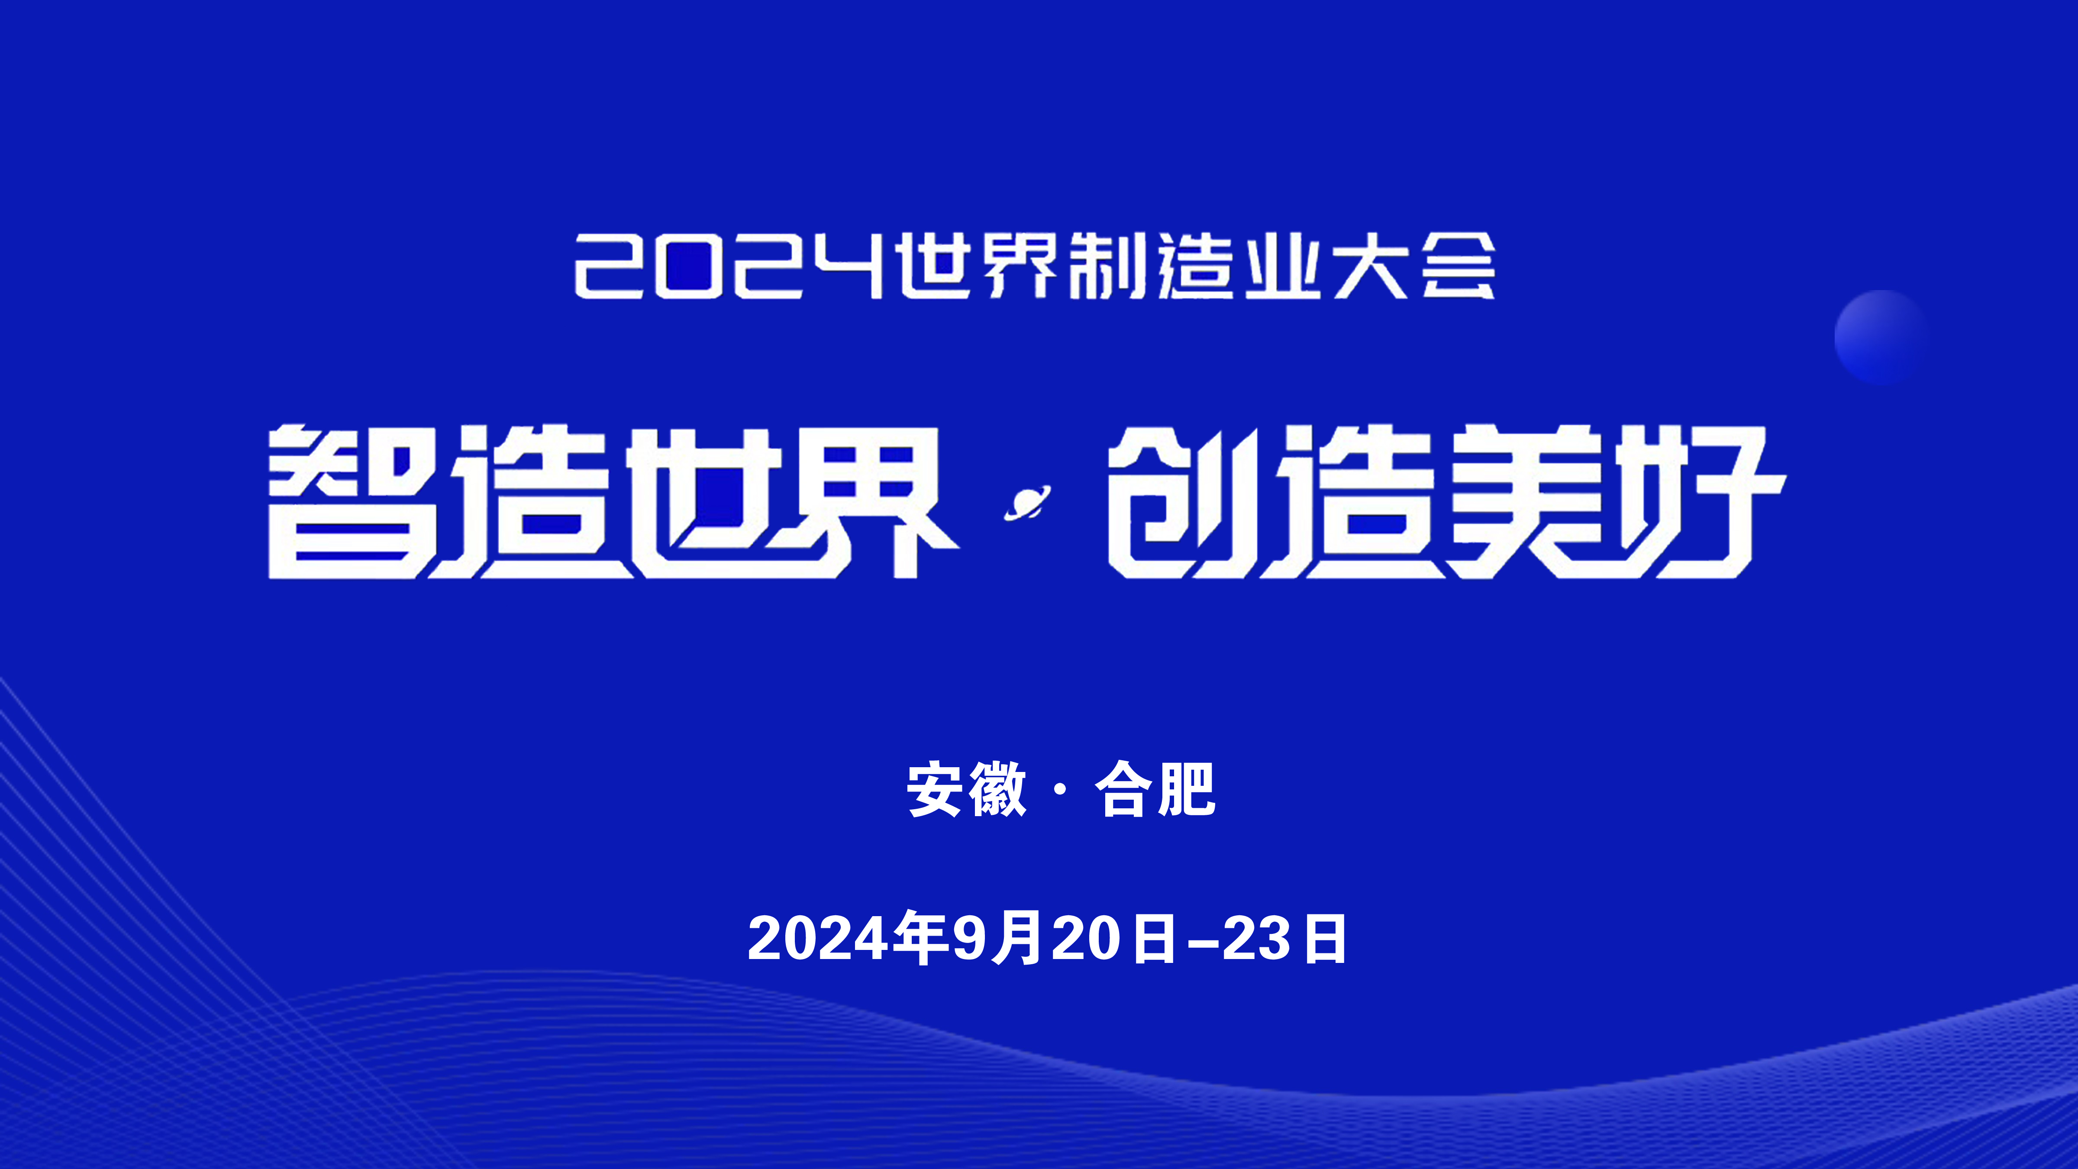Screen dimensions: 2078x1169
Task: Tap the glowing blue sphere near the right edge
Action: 1880,336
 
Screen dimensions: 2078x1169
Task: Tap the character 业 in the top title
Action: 1283,266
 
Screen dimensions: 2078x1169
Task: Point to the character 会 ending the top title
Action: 1458,266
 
